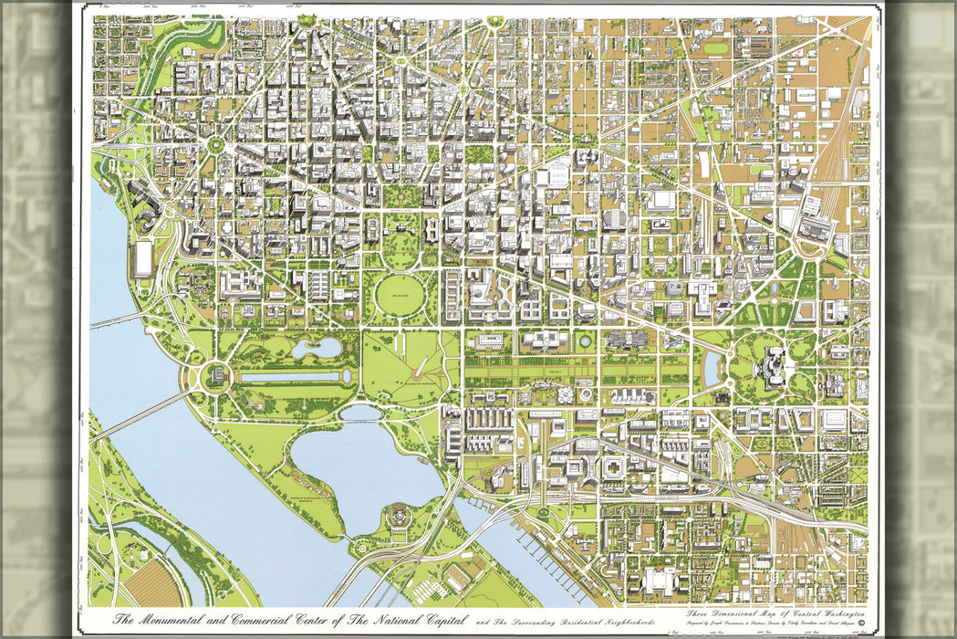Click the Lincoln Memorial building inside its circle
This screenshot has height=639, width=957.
[x=216, y=375]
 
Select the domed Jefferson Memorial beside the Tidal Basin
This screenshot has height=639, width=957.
[x=397, y=516]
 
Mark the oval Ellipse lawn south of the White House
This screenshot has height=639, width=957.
[x=399, y=295]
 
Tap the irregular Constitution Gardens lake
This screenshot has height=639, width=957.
[x=315, y=347]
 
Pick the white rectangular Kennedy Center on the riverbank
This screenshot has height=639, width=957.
[x=143, y=258]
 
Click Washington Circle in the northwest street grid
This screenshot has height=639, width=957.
[x=217, y=144]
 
